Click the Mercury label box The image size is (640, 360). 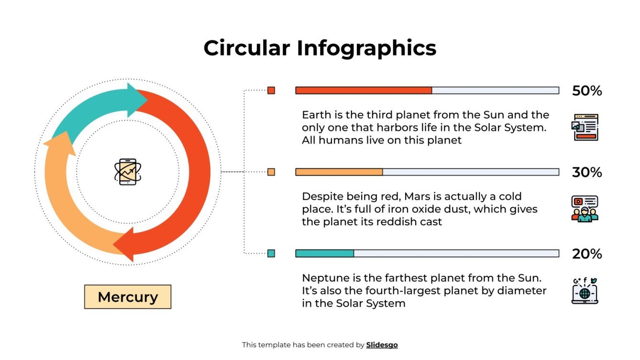pyautogui.click(x=128, y=297)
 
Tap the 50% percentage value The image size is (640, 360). pyautogui.click(x=587, y=91)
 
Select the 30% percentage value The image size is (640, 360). pyautogui.click(x=587, y=172)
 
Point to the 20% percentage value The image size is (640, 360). pyautogui.click(x=587, y=254)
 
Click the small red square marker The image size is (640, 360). pyautogui.click(x=271, y=90)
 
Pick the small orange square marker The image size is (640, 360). pyautogui.click(x=271, y=172)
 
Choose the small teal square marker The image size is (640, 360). pyautogui.click(x=271, y=253)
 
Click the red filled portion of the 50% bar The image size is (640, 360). pyautogui.click(x=364, y=90)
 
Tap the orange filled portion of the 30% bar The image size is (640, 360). pyautogui.click(x=339, y=172)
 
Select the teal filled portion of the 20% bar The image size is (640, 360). pyautogui.click(x=325, y=253)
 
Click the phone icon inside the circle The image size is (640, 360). pyautogui.click(x=128, y=172)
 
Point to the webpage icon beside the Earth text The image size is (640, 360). pyautogui.click(x=585, y=127)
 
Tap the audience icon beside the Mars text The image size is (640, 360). pyautogui.click(x=585, y=208)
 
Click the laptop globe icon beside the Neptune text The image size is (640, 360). pyautogui.click(x=585, y=291)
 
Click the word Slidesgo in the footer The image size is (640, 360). pyautogui.click(x=382, y=345)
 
